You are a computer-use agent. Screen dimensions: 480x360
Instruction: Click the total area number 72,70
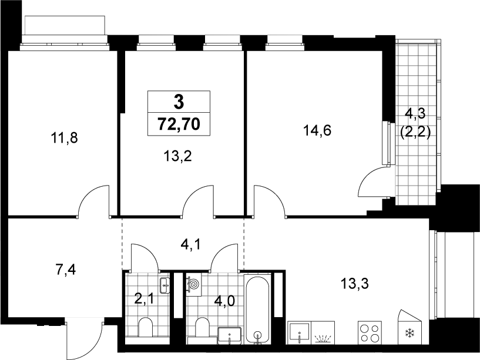(179, 125)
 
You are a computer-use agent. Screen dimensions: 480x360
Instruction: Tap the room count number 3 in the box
(179, 102)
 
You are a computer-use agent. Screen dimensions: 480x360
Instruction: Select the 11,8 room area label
(64, 138)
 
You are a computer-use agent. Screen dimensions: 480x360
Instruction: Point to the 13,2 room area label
(177, 156)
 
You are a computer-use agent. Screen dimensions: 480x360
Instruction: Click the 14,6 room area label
(317, 131)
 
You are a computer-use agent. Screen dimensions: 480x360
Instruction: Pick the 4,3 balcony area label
(415, 113)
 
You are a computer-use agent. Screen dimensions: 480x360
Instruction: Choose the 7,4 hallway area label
(66, 270)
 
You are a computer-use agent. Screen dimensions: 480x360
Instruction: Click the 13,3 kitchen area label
(354, 284)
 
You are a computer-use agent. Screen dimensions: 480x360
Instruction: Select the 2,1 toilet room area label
(145, 299)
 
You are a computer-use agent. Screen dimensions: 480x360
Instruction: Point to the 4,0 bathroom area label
(224, 301)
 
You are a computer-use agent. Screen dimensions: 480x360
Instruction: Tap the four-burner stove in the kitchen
(370, 333)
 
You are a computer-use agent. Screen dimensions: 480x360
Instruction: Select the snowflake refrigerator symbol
(409, 333)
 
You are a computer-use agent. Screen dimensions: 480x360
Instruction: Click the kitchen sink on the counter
(299, 333)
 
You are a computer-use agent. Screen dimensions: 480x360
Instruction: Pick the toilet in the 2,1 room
(145, 327)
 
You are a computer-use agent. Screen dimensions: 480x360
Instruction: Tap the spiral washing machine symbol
(194, 285)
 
